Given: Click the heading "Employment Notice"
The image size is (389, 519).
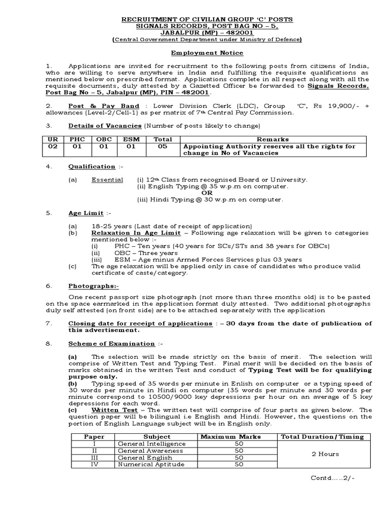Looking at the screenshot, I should (206, 53).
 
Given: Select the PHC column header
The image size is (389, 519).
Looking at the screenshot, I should (77, 139).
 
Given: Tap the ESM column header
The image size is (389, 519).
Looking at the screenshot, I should (130, 139).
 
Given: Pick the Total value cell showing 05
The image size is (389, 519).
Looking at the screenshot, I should (162, 146).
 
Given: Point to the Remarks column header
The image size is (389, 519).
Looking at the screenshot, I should (273, 139).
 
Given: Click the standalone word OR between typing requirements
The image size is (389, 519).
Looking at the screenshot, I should (208, 193).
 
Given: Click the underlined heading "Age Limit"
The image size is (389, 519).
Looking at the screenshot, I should (86, 213).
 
